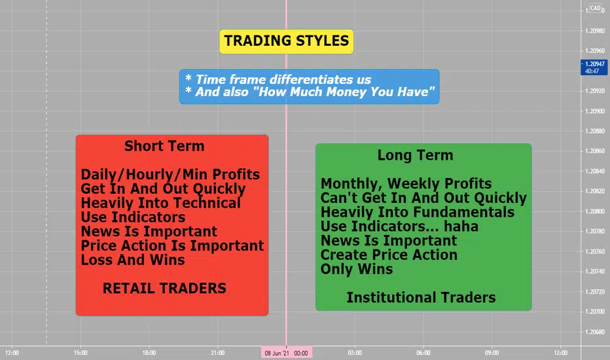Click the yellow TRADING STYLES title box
tap(286, 41)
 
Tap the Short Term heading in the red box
tap(164, 146)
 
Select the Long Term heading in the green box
tap(415, 155)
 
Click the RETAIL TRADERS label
tap(164, 289)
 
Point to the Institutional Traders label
tap(421, 298)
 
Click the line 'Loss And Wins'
tap(133, 260)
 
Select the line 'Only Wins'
tap(357, 269)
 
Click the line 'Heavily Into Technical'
tap(160, 203)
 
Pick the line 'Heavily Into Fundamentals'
tap(418, 213)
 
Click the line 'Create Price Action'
tap(389, 255)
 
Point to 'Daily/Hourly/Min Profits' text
tap(170, 175)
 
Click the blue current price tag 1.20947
tap(594, 67)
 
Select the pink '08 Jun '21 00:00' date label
tap(286, 353)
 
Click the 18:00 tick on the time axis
tap(149, 353)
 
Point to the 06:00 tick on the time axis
tap(423, 353)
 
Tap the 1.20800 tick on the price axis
tap(595, 211)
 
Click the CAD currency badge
tap(595, 8)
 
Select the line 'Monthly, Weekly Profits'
tap(406, 184)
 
